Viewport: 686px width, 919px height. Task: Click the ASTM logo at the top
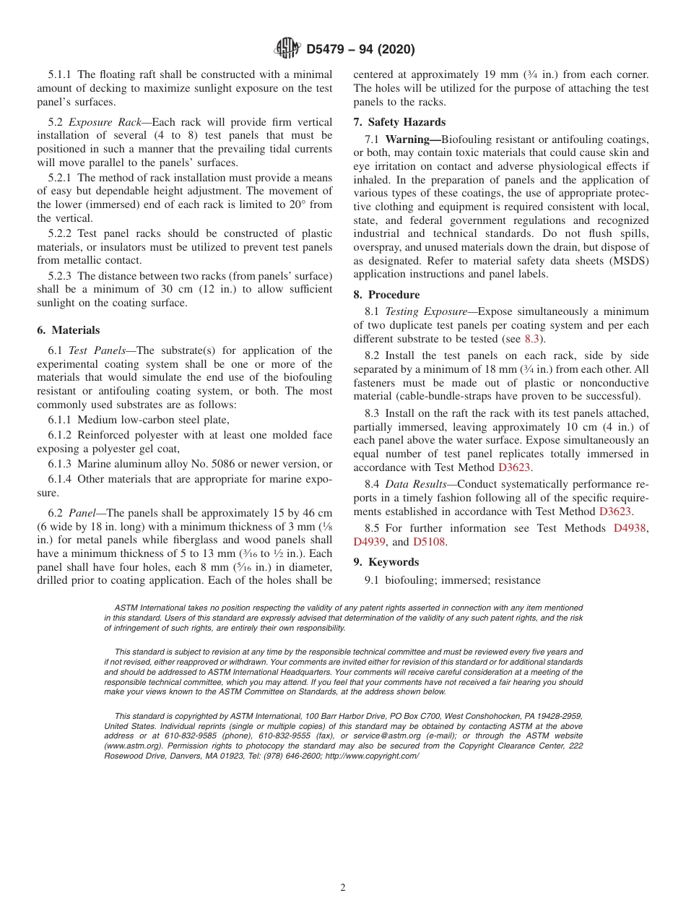click(x=287, y=49)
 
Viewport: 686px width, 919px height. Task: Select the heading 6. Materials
click(x=68, y=330)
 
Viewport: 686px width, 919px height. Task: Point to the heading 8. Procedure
click(x=386, y=295)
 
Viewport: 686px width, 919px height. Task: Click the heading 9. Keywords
click(x=386, y=562)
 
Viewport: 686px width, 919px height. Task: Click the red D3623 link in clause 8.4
click(x=615, y=512)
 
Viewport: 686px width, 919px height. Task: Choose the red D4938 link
click(x=630, y=528)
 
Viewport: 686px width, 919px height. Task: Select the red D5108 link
click(x=430, y=542)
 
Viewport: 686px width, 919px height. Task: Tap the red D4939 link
click(x=370, y=542)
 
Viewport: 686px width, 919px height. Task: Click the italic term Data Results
click(x=414, y=484)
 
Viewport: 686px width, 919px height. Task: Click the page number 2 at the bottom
click(x=343, y=888)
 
